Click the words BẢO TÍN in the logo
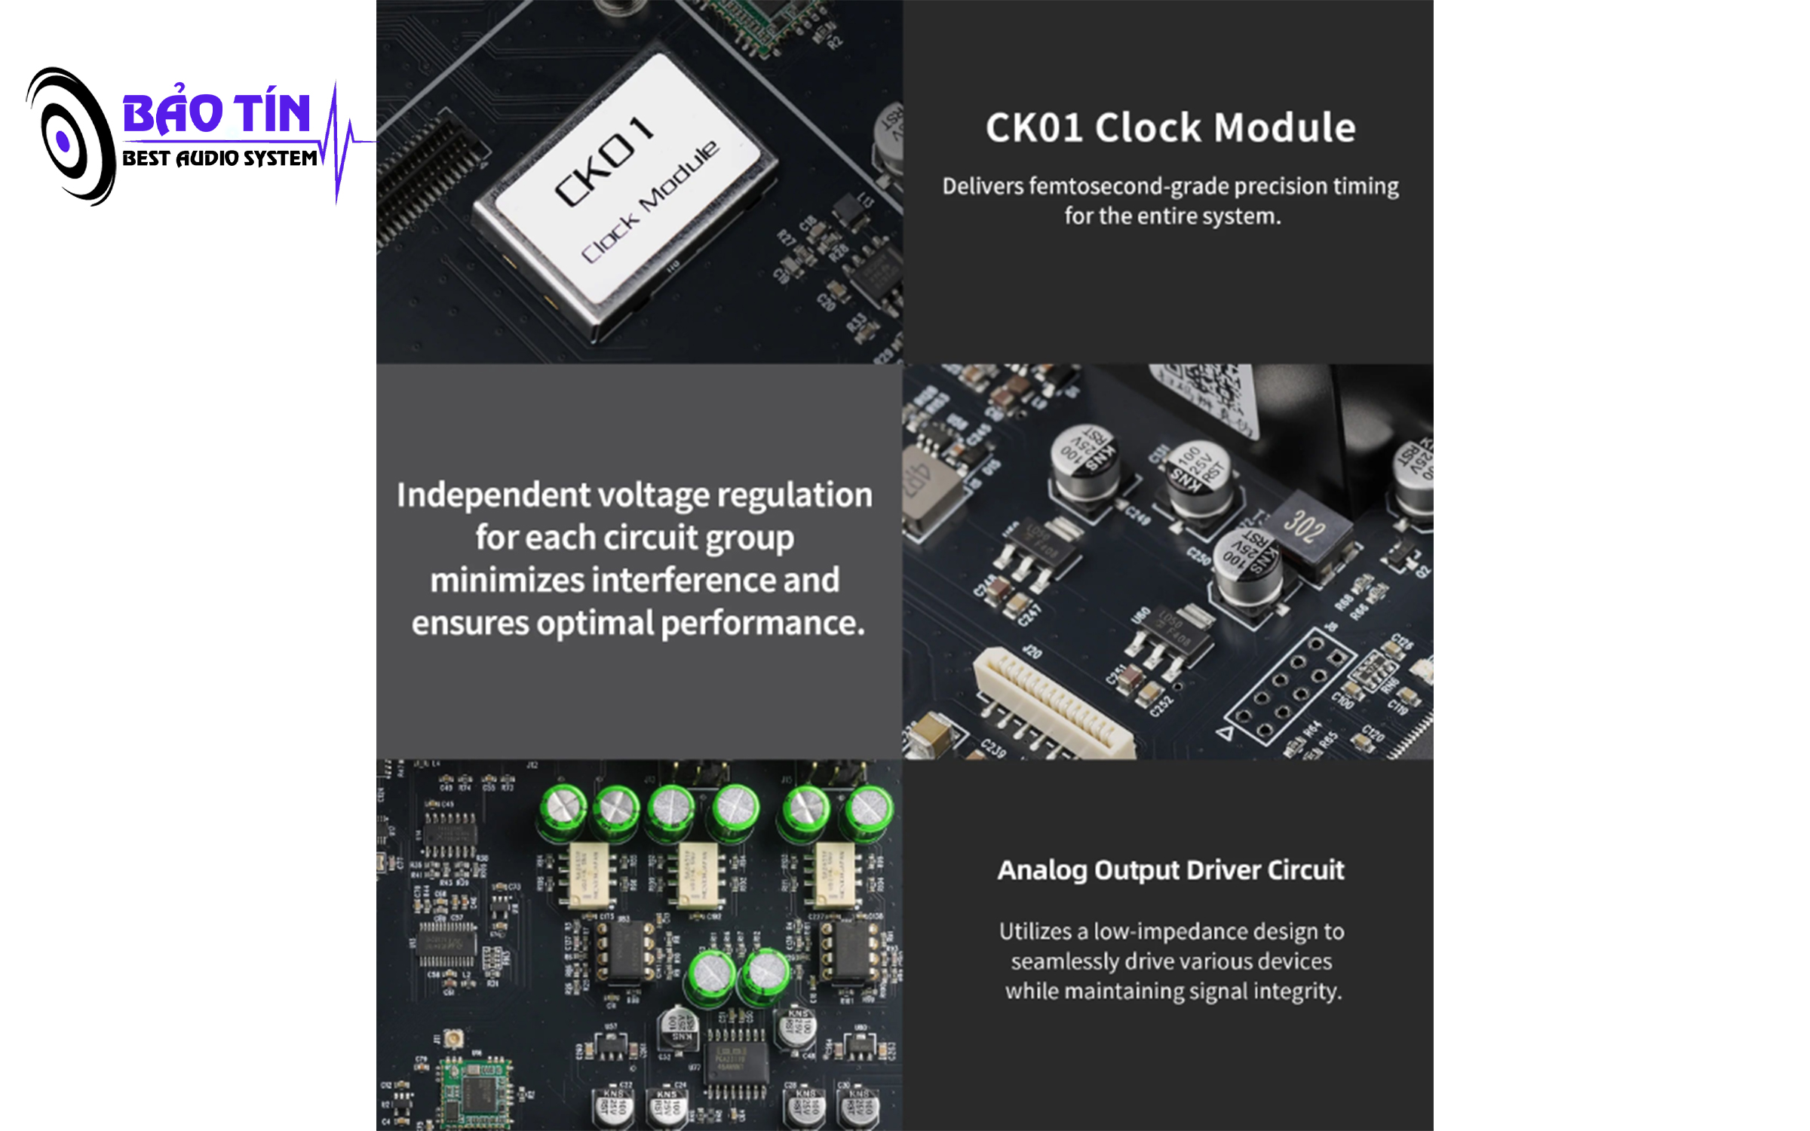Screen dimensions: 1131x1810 (x=216, y=113)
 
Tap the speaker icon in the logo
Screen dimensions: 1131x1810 (x=69, y=137)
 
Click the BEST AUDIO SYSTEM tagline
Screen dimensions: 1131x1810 (x=219, y=158)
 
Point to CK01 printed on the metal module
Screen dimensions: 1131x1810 (x=603, y=161)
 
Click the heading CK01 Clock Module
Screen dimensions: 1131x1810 (x=1170, y=127)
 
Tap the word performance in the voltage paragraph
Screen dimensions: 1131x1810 (x=762, y=624)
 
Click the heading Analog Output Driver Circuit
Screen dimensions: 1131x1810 (x=1170, y=870)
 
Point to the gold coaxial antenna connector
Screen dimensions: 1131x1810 (x=453, y=1039)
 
